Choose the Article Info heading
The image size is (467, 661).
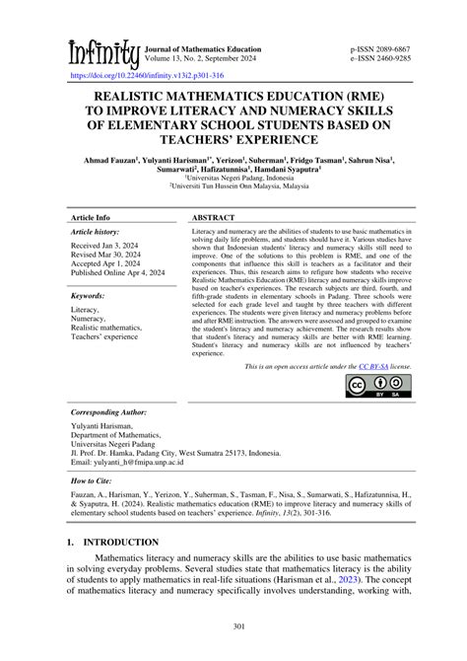90,216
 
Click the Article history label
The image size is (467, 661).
95,231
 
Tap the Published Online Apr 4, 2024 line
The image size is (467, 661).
118,273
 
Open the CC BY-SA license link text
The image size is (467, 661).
372,366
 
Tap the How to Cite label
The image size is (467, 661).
93,484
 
